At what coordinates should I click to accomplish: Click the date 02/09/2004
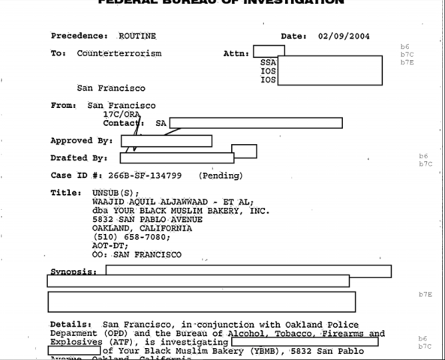click(344, 36)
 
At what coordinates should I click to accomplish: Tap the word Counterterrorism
click(119, 53)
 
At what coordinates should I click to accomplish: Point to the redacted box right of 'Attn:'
click(268, 51)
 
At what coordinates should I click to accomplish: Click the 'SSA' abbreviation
click(268, 62)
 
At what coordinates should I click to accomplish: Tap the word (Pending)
click(221, 175)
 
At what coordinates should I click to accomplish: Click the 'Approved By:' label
click(81, 140)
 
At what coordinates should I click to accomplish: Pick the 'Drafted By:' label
click(79, 158)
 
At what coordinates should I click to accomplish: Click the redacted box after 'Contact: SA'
click(255, 123)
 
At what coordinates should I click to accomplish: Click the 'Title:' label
click(65, 193)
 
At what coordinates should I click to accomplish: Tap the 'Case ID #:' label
click(76, 175)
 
